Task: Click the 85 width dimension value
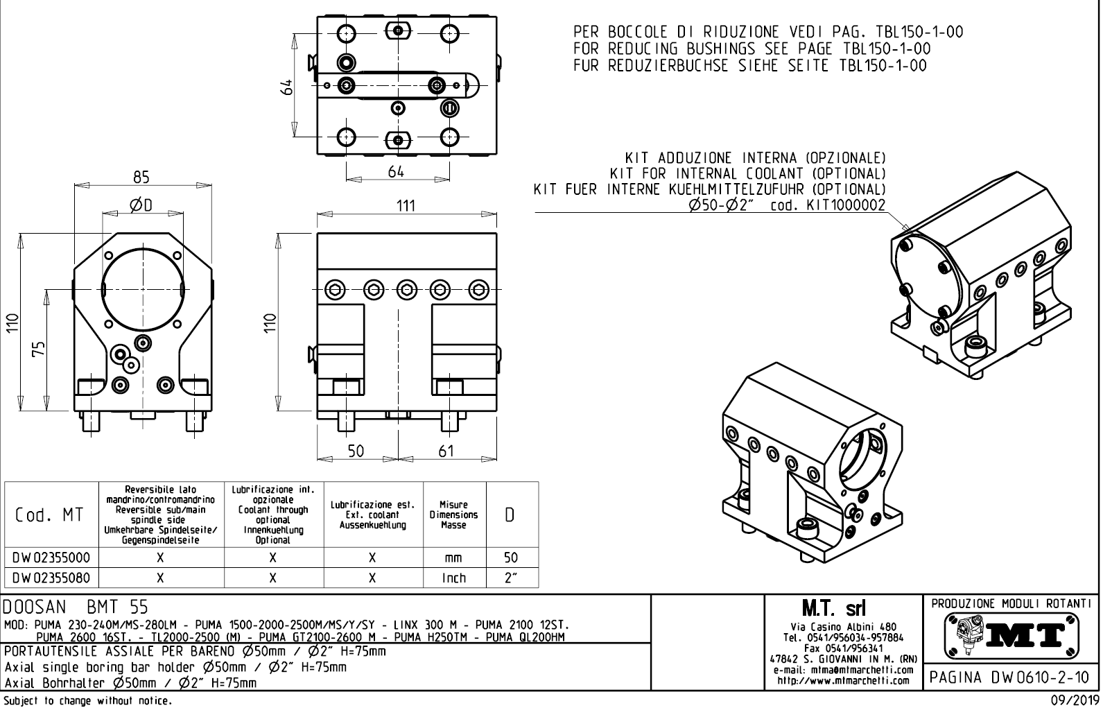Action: [141, 178]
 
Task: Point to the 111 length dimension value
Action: [406, 205]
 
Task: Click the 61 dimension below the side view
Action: [446, 451]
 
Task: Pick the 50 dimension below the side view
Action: [356, 451]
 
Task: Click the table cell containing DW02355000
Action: [51, 558]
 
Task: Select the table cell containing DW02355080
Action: [51, 578]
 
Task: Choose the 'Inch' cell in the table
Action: [454, 578]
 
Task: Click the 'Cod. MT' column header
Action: [50, 515]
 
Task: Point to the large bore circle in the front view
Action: [143, 286]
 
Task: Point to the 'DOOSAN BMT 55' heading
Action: [76, 607]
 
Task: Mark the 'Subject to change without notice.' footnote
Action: [87, 701]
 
